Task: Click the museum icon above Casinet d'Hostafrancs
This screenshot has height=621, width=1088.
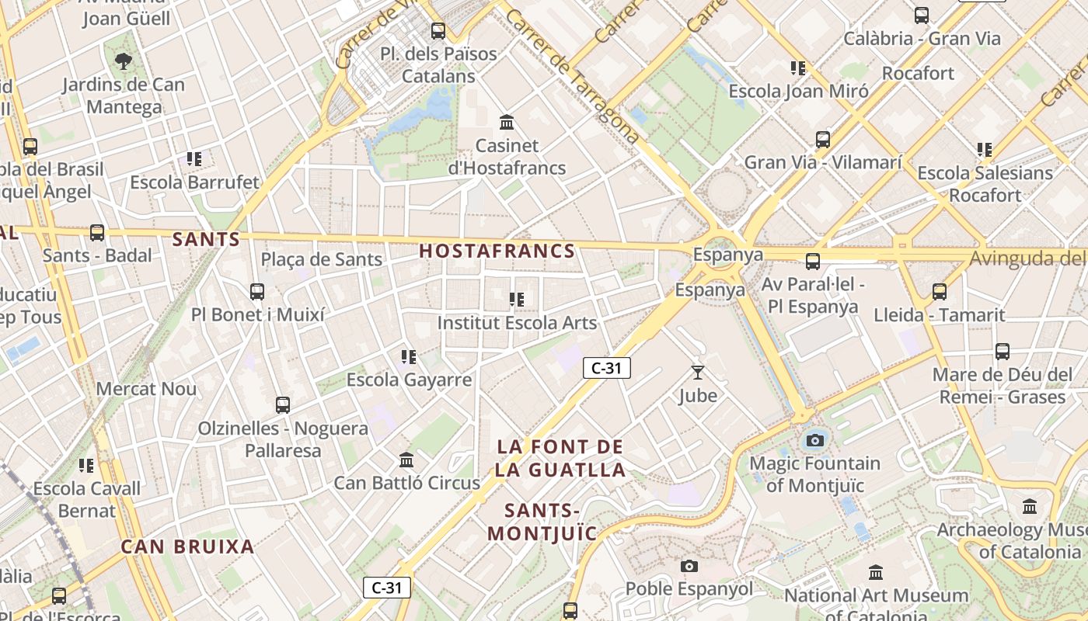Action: (x=507, y=122)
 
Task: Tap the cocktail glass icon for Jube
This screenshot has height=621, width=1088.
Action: (x=697, y=373)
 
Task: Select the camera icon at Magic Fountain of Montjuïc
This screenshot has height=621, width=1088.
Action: (x=814, y=441)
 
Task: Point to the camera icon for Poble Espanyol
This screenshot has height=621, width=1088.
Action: (x=689, y=566)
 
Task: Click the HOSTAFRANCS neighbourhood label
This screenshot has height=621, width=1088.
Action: (x=497, y=251)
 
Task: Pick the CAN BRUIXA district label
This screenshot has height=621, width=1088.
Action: (x=187, y=546)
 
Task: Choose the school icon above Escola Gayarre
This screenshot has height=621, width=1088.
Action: (x=409, y=357)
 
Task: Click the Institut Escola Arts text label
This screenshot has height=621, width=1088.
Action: (x=517, y=323)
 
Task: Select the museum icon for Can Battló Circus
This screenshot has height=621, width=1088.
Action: (x=406, y=460)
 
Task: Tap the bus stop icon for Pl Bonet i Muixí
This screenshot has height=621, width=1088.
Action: (x=257, y=292)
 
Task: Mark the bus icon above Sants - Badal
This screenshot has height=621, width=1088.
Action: (x=97, y=232)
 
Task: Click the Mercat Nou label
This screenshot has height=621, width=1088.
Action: (x=146, y=389)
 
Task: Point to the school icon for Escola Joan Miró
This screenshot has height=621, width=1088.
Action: (x=797, y=68)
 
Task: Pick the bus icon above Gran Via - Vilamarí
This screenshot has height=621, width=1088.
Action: (x=823, y=140)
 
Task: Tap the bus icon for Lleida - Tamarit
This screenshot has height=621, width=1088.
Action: (x=940, y=292)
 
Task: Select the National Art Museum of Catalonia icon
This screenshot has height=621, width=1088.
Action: (x=876, y=572)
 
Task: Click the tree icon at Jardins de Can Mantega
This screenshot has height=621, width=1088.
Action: (x=123, y=61)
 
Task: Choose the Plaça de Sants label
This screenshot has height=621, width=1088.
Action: (x=322, y=259)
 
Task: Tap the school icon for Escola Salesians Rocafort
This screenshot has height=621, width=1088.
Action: (x=985, y=149)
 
